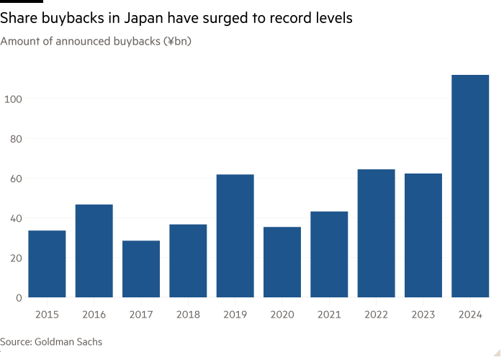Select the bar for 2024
pos(470,186)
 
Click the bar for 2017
pos(141,269)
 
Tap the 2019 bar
pos(235,236)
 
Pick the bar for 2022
pos(376,233)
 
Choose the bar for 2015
pos(47,264)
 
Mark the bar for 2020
pos(282,262)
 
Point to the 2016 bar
pos(94,251)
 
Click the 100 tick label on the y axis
pos(13,99)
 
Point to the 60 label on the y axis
pos(16,179)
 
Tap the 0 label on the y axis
pos(19,297)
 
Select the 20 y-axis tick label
pos(16,258)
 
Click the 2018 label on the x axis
pos(188,315)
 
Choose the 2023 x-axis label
pos(423,315)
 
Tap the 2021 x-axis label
pos(329,315)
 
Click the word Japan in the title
pos(144,18)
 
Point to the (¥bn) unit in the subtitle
pos(177,42)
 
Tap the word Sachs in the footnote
pos(90,341)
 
